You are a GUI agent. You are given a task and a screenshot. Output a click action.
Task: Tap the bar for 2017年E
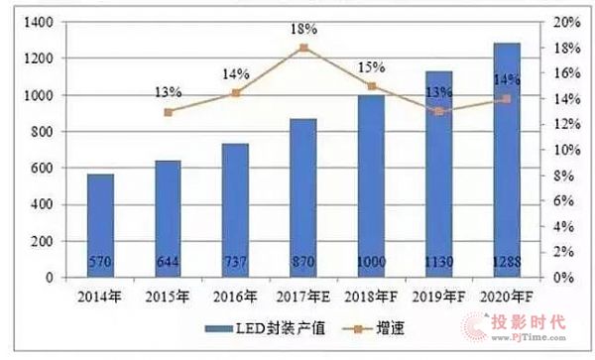point(303,198)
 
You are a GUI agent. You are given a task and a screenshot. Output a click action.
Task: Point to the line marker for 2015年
point(168,112)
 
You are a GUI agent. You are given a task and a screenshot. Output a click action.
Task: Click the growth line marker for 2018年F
point(371,86)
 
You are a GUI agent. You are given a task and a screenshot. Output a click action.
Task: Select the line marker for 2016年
point(235,93)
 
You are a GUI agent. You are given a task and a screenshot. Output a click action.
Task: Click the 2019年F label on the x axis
point(438,295)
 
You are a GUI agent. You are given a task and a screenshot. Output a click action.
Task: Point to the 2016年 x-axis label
point(235,295)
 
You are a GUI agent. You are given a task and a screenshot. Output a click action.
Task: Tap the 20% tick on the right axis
point(565,22)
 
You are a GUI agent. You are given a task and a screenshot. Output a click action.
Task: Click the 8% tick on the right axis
point(562,176)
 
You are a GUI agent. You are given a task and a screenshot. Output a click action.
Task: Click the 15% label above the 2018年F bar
point(371,66)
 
